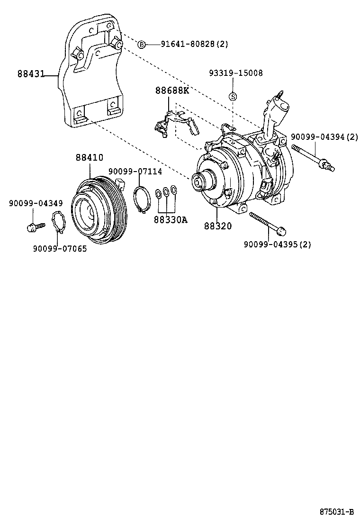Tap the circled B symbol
tap(141, 45)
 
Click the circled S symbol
tap(233, 97)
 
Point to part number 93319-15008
tap(236, 73)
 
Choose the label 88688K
tap(172, 91)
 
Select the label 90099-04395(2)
tap(277, 245)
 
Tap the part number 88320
tap(218, 226)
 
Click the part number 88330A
tap(170, 219)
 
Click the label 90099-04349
tap(36, 203)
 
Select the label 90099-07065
tap(60, 248)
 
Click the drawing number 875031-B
tap(336, 512)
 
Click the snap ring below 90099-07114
tap(141, 200)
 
